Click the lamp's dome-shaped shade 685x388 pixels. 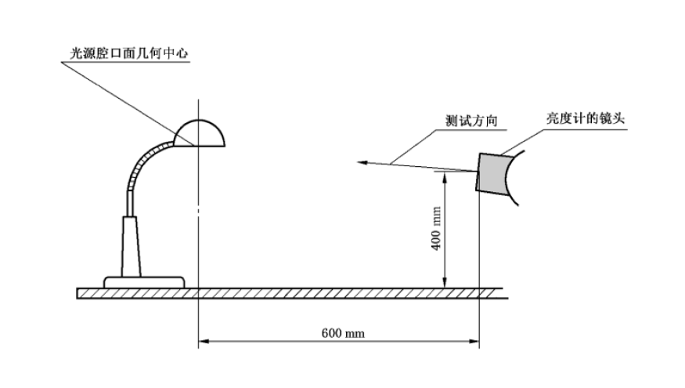pos(200,135)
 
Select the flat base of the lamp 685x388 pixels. pos(146,281)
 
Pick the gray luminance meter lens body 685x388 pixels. pos(493,172)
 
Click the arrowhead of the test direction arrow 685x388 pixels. pos(361,162)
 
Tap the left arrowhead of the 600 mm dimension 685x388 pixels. pos(203,341)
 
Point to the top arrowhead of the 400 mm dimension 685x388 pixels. pos(445,177)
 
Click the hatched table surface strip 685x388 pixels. pos(290,293)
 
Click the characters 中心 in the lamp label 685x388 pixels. pos(175,54)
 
